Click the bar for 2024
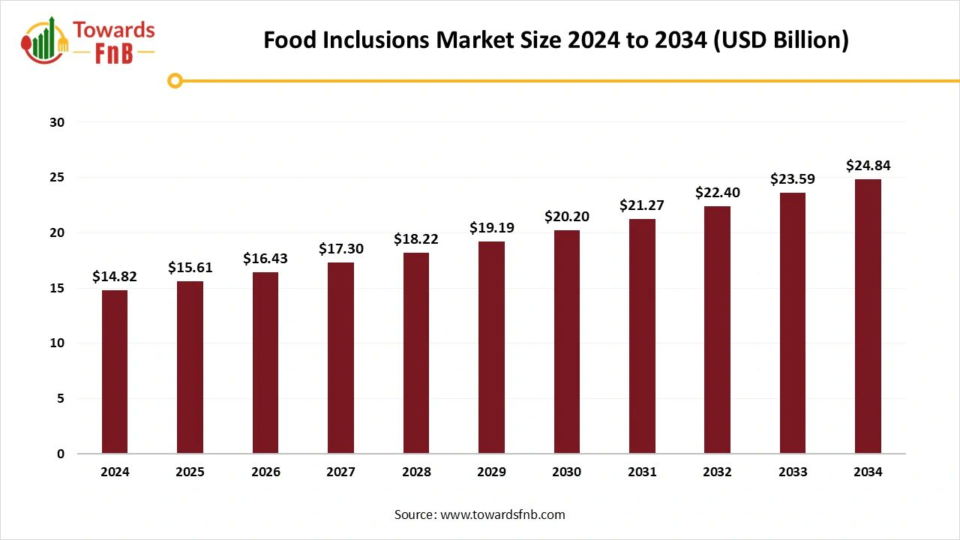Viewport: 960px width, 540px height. click(x=115, y=372)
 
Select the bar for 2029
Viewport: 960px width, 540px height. click(x=491, y=347)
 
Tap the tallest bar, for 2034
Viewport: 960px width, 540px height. click(x=868, y=316)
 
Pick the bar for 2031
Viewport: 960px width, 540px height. click(x=642, y=336)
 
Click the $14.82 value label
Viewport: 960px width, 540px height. click(x=115, y=277)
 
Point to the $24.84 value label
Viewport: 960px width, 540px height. click(x=868, y=166)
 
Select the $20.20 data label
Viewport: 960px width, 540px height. click(x=567, y=217)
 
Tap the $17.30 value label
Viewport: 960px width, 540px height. click(x=340, y=248)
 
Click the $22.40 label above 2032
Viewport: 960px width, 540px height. click(x=718, y=193)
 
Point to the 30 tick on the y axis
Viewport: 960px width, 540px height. click(x=58, y=122)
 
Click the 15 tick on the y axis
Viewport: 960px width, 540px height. click(x=58, y=288)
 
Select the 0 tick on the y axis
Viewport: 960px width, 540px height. click(x=61, y=454)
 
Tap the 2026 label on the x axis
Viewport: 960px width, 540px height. click(x=265, y=472)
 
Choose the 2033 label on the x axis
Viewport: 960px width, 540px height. click(x=793, y=472)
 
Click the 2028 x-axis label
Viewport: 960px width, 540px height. click(x=416, y=472)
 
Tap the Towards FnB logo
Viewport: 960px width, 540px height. click(x=88, y=40)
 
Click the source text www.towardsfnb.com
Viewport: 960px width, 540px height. click(x=480, y=514)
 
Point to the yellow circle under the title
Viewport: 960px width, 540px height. click(x=175, y=81)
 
